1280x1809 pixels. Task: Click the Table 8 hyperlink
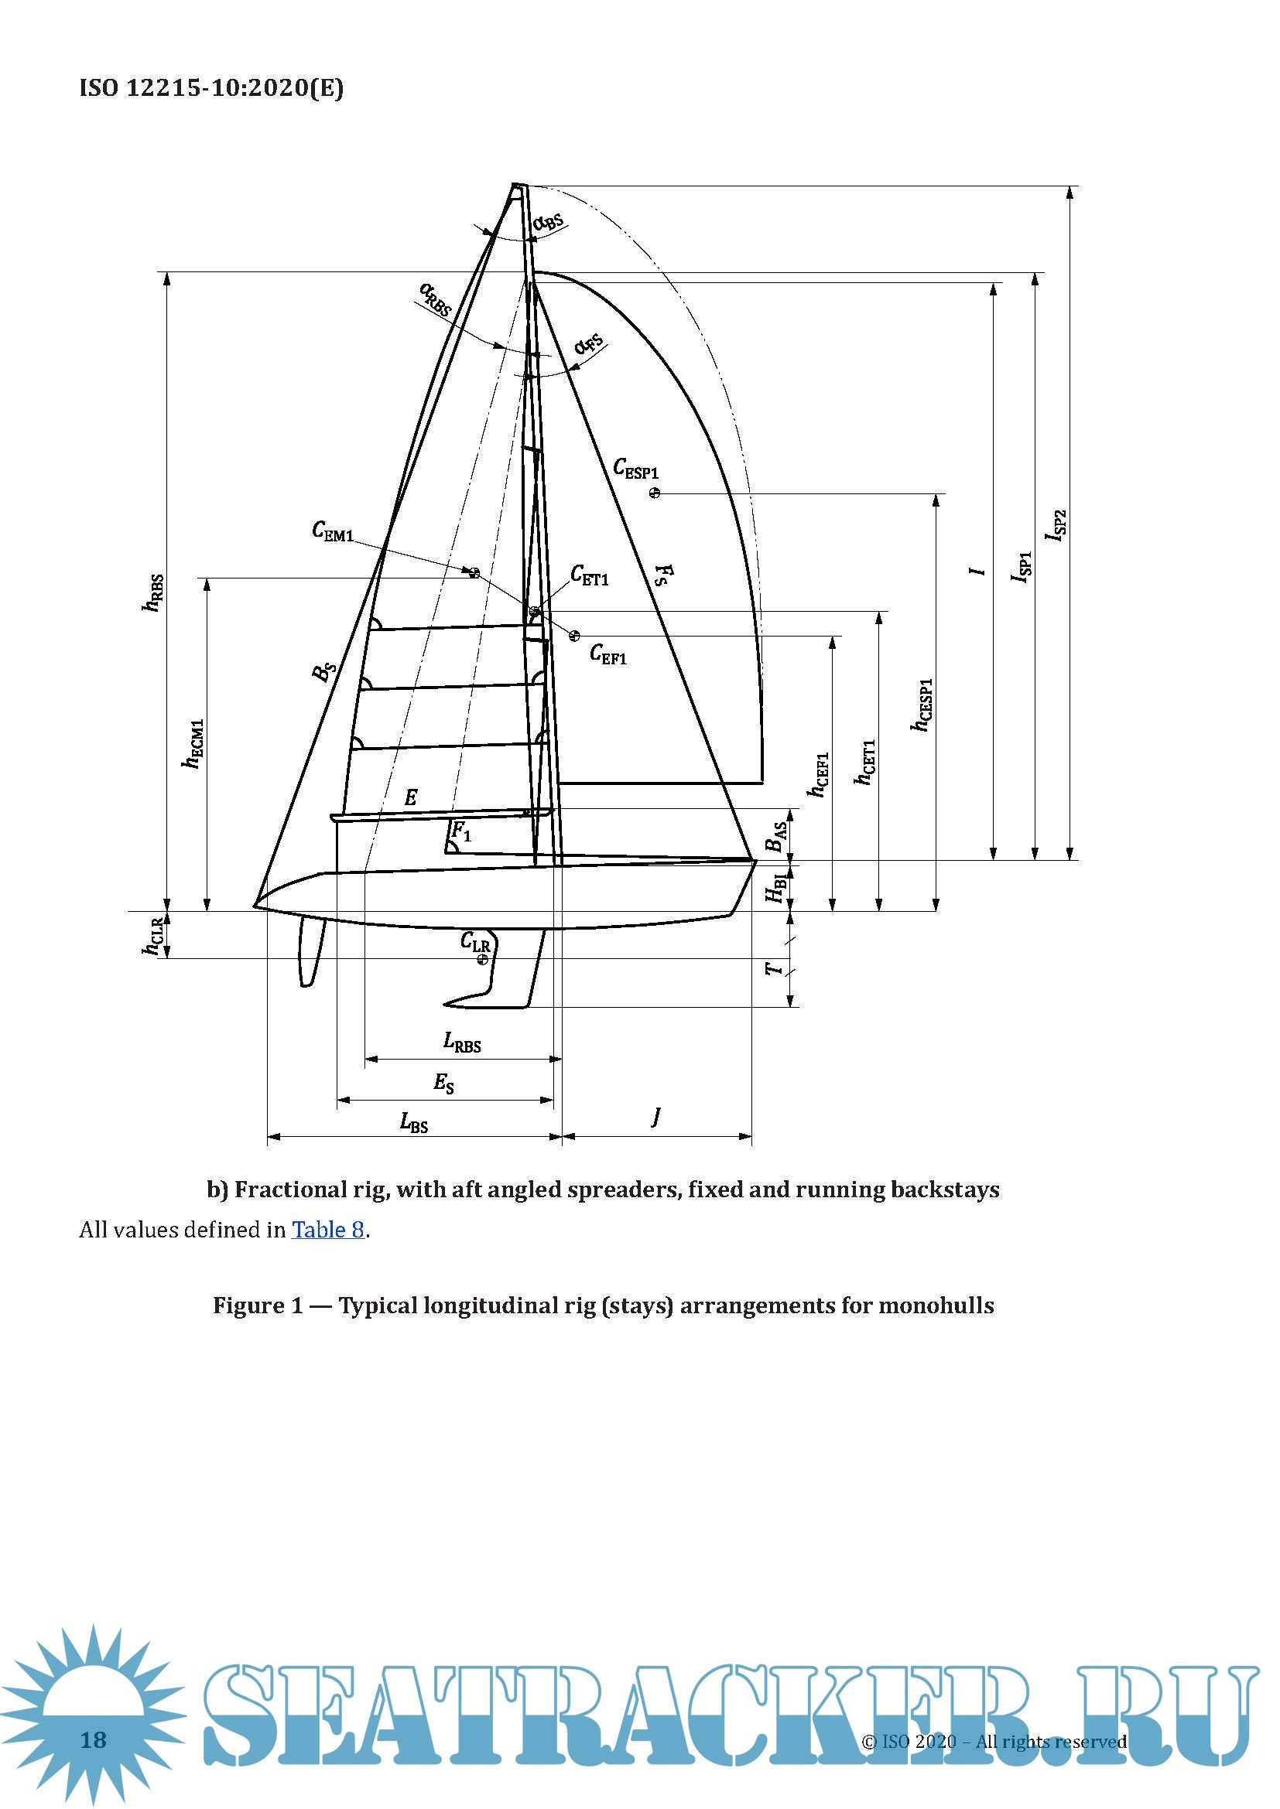(328, 1230)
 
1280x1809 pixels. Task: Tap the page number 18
(93, 1739)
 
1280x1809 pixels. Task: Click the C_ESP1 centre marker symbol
(654, 493)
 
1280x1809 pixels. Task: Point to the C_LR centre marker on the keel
(482, 959)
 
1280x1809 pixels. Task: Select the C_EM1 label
(333, 532)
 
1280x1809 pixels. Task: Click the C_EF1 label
(607, 654)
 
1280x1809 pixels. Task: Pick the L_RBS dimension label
(462, 1043)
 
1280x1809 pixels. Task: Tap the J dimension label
(655, 1116)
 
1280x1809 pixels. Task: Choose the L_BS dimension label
(414, 1122)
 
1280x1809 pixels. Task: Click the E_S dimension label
(443, 1084)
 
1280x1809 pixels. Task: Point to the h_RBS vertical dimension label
(153, 592)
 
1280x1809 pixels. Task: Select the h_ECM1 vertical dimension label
(193, 743)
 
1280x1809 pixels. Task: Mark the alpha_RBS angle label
(435, 299)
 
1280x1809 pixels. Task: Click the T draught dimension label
(775, 968)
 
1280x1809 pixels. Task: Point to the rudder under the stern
(311, 950)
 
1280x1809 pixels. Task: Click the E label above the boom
(411, 797)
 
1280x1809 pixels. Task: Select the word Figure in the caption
(248, 1306)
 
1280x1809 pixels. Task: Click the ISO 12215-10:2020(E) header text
(211, 87)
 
